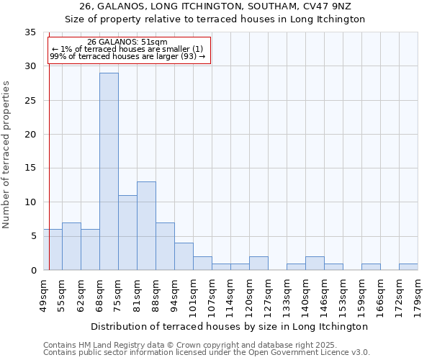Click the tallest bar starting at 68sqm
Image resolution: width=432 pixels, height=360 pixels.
pyautogui.click(x=109, y=171)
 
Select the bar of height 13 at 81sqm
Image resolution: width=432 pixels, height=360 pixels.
pyautogui.click(x=146, y=225)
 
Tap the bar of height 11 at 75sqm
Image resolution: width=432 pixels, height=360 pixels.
pyautogui.click(x=127, y=233)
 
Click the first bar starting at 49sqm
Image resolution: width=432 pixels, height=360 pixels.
pyautogui.click(x=53, y=249)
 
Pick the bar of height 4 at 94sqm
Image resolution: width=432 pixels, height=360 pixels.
pyautogui.click(x=184, y=256)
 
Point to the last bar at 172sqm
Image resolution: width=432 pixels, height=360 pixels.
pyautogui.click(x=408, y=266)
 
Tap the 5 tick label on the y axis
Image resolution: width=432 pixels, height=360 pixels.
pyautogui.click(x=33, y=236)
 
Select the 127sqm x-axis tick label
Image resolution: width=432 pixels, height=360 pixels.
pyautogui.click(x=268, y=294)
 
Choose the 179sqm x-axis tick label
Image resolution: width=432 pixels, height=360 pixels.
pyautogui.click(x=418, y=294)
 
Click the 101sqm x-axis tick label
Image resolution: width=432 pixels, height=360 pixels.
pyautogui.click(x=193, y=294)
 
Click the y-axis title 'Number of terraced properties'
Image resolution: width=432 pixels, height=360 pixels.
pyautogui.click(x=6, y=154)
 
